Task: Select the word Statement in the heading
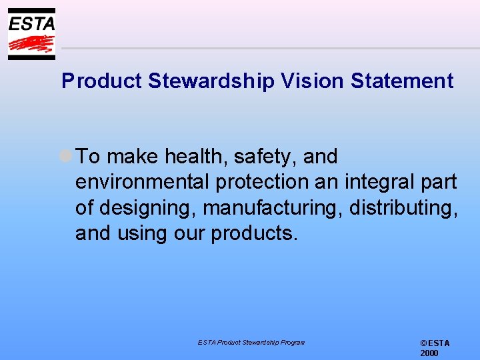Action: click(x=402, y=81)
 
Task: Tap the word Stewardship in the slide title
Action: click(x=211, y=81)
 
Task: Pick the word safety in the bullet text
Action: click(x=265, y=157)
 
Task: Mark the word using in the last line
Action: click(x=143, y=233)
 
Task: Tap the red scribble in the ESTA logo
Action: click(x=31, y=45)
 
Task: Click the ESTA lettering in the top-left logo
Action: click(x=31, y=24)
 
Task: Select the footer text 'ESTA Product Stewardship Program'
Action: click(x=251, y=342)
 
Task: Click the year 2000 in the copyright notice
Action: click(x=429, y=353)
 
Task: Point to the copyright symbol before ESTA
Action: click(x=423, y=343)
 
